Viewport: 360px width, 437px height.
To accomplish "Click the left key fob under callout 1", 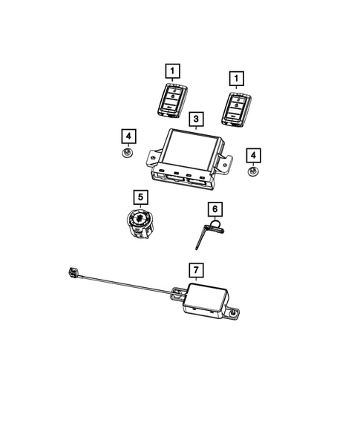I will click(x=171, y=102).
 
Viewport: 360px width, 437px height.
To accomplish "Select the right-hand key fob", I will click(x=238, y=105).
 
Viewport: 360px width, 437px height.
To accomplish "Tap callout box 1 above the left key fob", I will click(x=172, y=72).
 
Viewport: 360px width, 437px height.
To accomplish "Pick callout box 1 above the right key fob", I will click(x=238, y=77).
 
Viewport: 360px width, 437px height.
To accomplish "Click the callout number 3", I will click(x=196, y=119).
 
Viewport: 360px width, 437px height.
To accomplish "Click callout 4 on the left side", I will click(x=129, y=136).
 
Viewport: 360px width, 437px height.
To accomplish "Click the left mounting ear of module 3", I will click(x=153, y=158).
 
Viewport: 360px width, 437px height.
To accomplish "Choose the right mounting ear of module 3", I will click(x=230, y=159).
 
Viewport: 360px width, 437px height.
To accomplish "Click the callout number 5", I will click(x=140, y=197).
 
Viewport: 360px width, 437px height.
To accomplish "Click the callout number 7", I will click(x=196, y=268).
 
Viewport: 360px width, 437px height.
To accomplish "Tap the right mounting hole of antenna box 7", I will click(x=236, y=316).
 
